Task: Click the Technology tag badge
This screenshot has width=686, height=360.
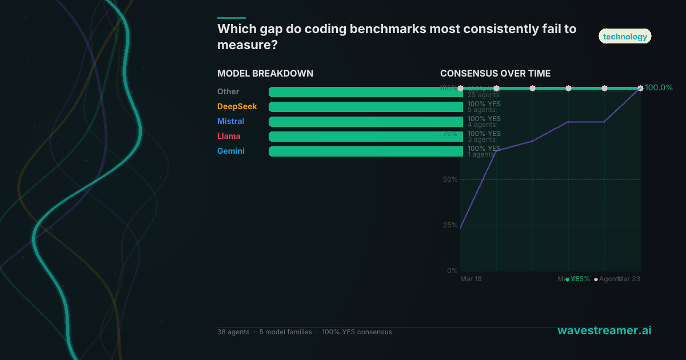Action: coord(625,37)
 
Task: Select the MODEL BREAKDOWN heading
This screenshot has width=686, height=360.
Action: coord(265,74)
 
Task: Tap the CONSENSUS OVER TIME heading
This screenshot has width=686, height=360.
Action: coord(495,74)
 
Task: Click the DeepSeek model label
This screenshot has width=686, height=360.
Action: coord(237,107)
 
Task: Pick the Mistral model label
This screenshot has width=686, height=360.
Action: coord(230,122)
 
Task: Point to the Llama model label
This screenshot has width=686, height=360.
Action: coord(229,137)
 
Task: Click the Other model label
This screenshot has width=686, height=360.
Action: coord(228,92)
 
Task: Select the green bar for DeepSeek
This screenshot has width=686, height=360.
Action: coord(366,107)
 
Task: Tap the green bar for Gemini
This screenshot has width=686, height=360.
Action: coord(366,151)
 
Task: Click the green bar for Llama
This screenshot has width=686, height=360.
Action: coord(366,137)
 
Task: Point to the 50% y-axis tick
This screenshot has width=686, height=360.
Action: coord(450,179)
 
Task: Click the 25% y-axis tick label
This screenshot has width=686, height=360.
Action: coord(450,225)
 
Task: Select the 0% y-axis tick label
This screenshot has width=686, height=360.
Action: coord(452,271)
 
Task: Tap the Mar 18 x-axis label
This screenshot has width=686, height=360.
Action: coord(471,279)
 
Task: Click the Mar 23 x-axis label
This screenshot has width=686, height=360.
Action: coord(629,279)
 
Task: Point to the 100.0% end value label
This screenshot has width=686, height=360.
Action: coord(659,88)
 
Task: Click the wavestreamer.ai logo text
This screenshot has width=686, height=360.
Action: coord(604,331)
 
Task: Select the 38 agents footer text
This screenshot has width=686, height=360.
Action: coord(233,332)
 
